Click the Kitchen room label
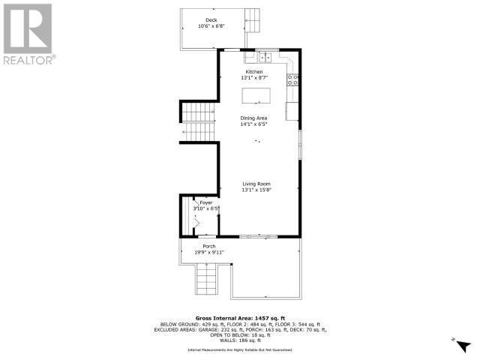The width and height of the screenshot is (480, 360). (254, 71)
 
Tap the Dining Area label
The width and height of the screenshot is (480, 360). (254, 118)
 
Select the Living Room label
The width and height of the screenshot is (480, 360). (256, 184)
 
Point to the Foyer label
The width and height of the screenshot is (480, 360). (205, 203)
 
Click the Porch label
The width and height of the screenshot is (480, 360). (209, 247)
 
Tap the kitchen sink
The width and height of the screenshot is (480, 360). (266, 56)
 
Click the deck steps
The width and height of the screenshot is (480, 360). (253, 20)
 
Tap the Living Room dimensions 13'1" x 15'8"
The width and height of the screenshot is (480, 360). (256, 190)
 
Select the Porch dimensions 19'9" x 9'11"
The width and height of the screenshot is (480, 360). (209, 253)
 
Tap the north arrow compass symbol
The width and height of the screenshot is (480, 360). (463, 343)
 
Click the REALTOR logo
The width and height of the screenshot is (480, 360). (28, 34)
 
